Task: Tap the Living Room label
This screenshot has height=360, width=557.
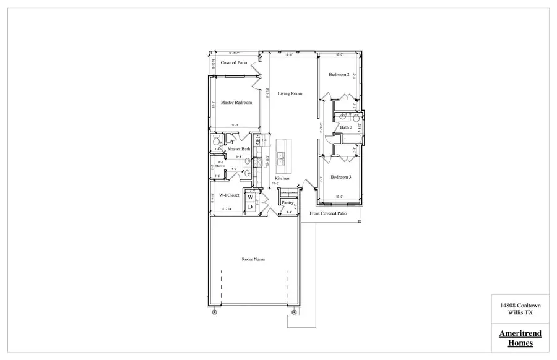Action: (x=290, y=93)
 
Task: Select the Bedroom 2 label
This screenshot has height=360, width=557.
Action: (x=339, y=75)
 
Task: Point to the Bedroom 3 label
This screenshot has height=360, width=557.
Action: (x=340, y=177)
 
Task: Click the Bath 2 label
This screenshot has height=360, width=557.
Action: (x=345, y=127)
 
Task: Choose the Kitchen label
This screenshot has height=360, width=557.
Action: (x=282, y=178)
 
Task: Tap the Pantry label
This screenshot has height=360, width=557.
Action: (x=287, y=202)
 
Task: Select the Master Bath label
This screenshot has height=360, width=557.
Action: (x=238, y=149)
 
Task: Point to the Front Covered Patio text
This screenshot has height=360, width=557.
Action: (x=328, y=213)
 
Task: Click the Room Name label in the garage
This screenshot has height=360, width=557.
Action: (x=253, y=259)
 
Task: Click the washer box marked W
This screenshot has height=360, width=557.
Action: (x=251, y=197)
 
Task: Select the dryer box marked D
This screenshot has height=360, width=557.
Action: (x=251, y=207)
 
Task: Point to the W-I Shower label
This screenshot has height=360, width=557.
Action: (x=220, y=164)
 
